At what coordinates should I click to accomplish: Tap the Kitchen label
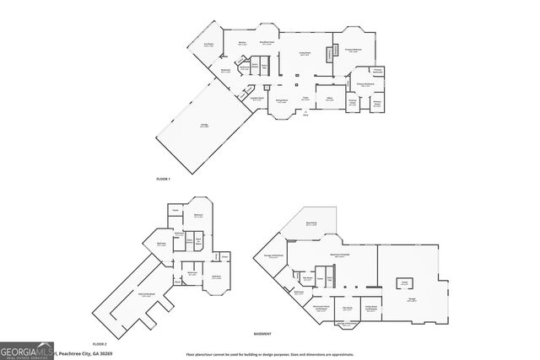coord(241,42)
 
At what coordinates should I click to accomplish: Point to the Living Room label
coord(305,53)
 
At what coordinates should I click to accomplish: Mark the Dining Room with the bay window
coord(283,104)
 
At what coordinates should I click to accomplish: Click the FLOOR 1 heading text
coord(163,180)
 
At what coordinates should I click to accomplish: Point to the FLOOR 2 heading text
coord(100,344)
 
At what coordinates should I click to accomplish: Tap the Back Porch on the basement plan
coord(310,225)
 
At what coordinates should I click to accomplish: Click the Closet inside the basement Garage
coord(404,283)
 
